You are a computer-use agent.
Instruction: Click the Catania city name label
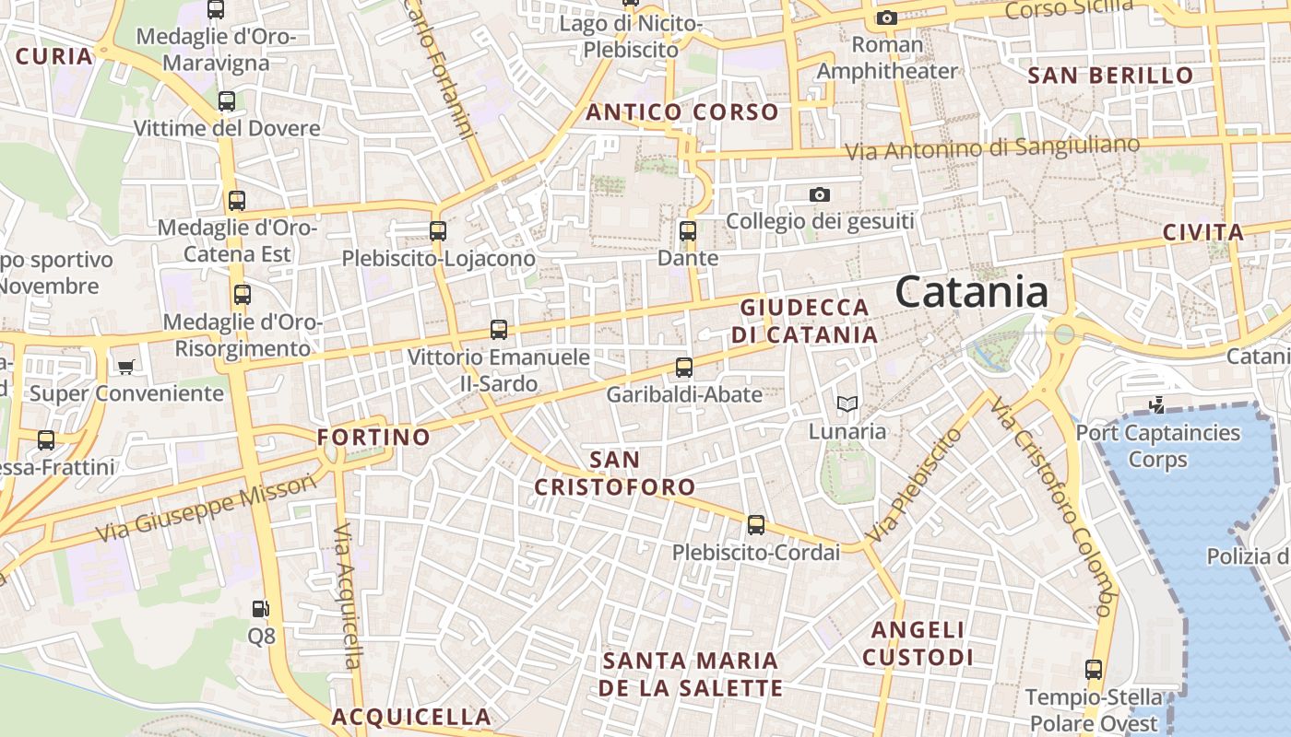click(x=971, y=293)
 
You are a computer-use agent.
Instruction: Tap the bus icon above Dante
click(x=687, y=231)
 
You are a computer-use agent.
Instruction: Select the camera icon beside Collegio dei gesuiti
click(x=819, y=194)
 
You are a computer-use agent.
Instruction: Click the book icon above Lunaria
click(x=847, y=404)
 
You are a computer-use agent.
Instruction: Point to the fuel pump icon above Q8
click(x=261, y=608)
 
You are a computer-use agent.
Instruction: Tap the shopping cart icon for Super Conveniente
click(x=126, y=367)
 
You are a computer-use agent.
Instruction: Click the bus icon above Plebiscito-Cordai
click(x=756, y=525)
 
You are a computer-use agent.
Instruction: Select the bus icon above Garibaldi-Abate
click(x=684, y=368)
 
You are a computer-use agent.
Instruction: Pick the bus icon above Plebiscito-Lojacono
click(x=438, y=231)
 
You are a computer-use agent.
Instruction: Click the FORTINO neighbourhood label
click(x=373, y=437)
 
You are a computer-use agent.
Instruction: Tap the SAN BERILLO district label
click(x=1110, y=76)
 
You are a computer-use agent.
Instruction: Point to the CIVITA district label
click(x=1203, y=233)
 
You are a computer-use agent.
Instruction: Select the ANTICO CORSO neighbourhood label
click(x=682, y=112)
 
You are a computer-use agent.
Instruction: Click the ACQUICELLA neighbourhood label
click(x=411, y=717)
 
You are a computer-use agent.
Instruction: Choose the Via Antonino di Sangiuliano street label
click(x=992, y=147)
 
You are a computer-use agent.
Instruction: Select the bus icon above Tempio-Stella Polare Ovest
click(x=1094, y=670)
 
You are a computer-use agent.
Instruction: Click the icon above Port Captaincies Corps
click(x=1156, y=404)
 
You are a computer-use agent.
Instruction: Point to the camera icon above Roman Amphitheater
click(x=887, y=18)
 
